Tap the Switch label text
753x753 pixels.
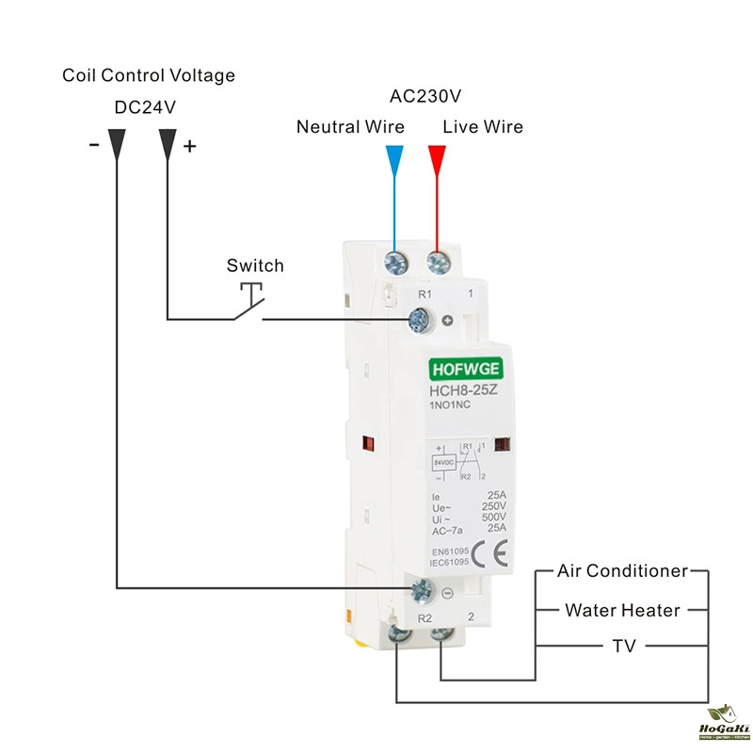(254, 265)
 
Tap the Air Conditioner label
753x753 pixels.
(622, 571)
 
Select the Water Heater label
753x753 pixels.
(622, 610)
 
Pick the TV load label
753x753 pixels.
(624, 647)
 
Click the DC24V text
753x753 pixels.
(145, 107)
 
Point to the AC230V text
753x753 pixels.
(425, 97)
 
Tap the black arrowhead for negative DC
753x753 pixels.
(117, 142)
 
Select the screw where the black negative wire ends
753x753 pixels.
(422, 591)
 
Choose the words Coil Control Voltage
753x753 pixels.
(149, 75)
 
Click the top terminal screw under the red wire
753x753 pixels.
(437, 261)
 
